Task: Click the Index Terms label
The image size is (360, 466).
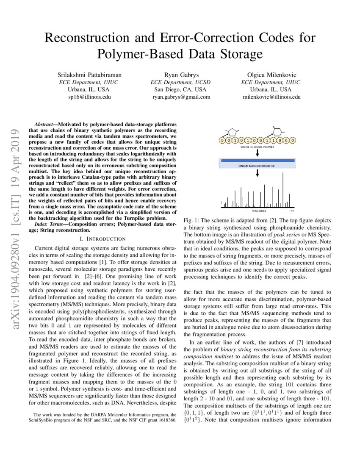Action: (x=48, y=223)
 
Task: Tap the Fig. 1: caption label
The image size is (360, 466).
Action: (x=192, y=221)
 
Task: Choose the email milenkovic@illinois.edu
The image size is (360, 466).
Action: (x=271, y=97)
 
